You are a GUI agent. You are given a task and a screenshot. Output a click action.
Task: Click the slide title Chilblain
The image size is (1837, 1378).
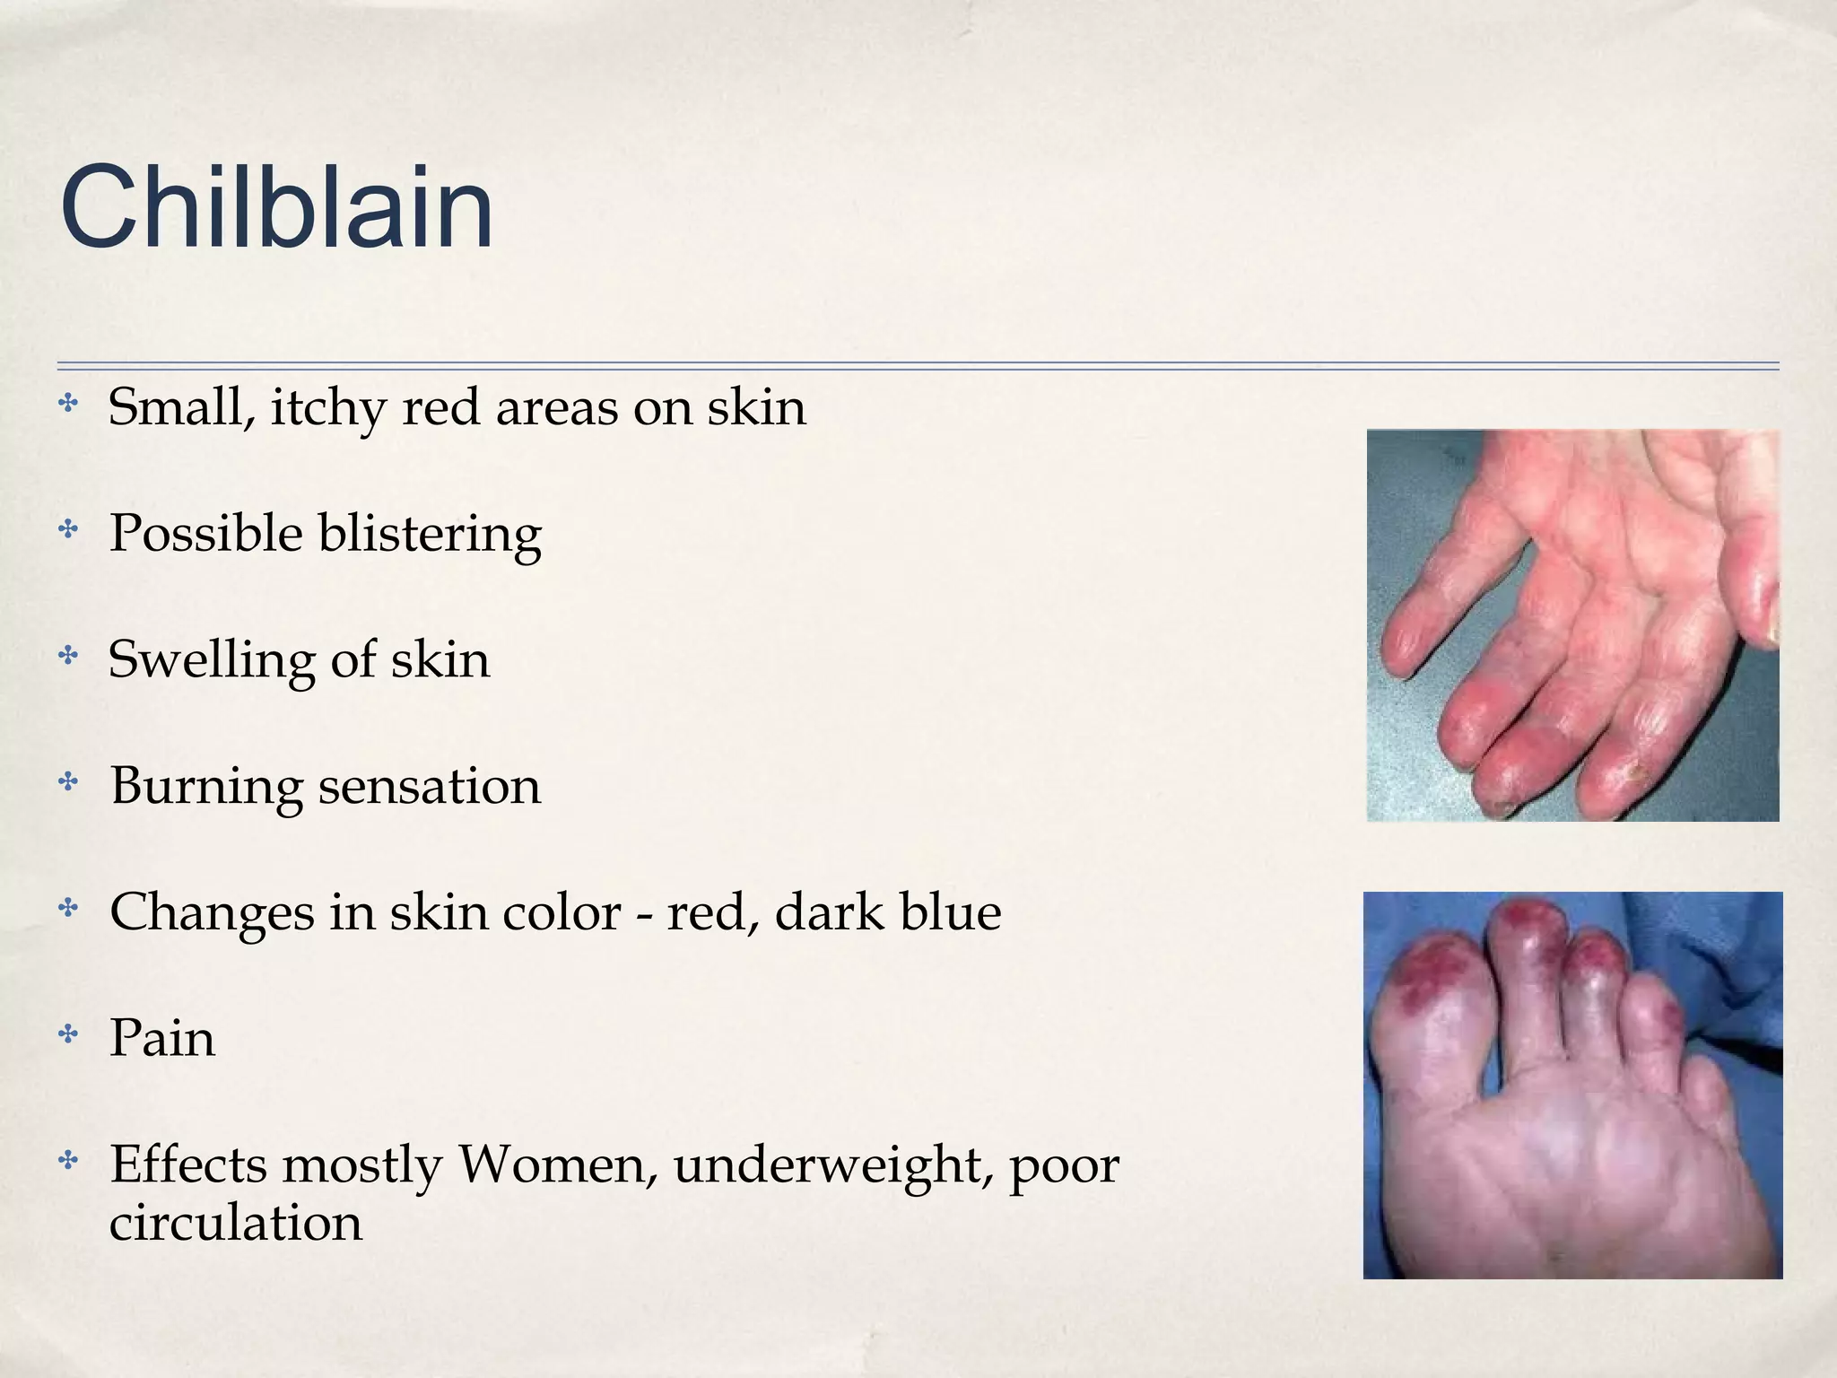coord(276,208)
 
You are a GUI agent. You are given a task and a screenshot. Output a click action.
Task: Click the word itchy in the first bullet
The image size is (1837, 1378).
coord(328,408)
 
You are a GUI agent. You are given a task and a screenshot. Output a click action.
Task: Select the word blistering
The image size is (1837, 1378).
coord(430,535)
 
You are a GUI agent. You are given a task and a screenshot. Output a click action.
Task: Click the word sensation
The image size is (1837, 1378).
coord(430,787)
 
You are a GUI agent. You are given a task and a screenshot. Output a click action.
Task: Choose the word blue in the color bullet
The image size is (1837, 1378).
coord(950,912)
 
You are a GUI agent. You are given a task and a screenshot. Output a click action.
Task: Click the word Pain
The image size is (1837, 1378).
coord(162,1039)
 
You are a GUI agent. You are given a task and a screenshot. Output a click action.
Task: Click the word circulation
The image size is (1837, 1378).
coord(236,1222)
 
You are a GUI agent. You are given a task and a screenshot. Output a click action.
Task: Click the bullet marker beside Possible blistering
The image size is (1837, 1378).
coord(67,530)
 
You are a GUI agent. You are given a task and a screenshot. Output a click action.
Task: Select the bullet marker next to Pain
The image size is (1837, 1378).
coord(67,1035)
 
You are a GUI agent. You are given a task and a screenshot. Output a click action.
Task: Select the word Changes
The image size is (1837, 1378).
coord(211,914)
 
